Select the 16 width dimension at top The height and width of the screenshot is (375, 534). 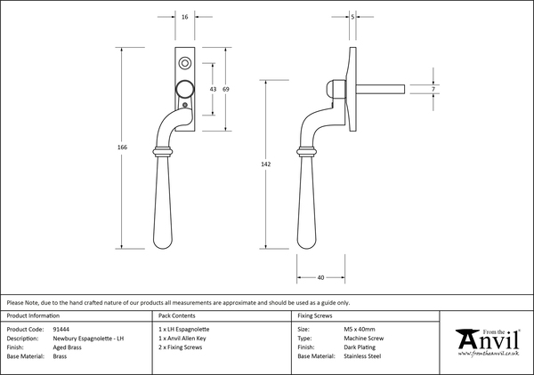tap(183, 16)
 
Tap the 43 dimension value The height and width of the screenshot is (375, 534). tap(212, 90)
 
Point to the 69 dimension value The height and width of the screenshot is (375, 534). tap(227, 90)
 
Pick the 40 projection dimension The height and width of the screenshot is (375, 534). tap(320, 277)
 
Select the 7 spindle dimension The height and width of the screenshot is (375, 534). tap(433, 90)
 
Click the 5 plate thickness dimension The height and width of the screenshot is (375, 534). tap(353, 16)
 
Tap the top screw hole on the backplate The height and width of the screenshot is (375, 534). tap(184, 64)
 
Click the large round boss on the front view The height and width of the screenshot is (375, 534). tap(184, 89)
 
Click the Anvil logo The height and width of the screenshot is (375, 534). tap(488, 340)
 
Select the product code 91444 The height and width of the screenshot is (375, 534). tap(61, 329)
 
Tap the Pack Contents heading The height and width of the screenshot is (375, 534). tap(177, 315)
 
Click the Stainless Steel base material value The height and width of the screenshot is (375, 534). tap(362, 355)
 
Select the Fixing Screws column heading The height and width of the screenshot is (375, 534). tap(314, 315)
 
